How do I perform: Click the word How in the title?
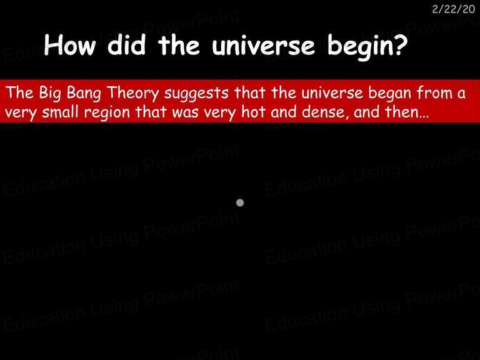[x=70, y=45]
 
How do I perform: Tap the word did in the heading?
[x=126, y=45]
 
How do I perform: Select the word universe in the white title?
[x=263, y=46]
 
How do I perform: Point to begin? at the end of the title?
[x=367, y=47]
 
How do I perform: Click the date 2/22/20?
[x=453, y=9]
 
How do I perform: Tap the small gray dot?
[x=240, y=202]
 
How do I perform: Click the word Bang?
[x=84, y=94]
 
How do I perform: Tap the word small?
[x=60, y=112]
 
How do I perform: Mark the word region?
[x=107, y=113]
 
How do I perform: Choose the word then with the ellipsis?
[x=407, y=112]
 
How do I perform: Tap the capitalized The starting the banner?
[x=19, y=92]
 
